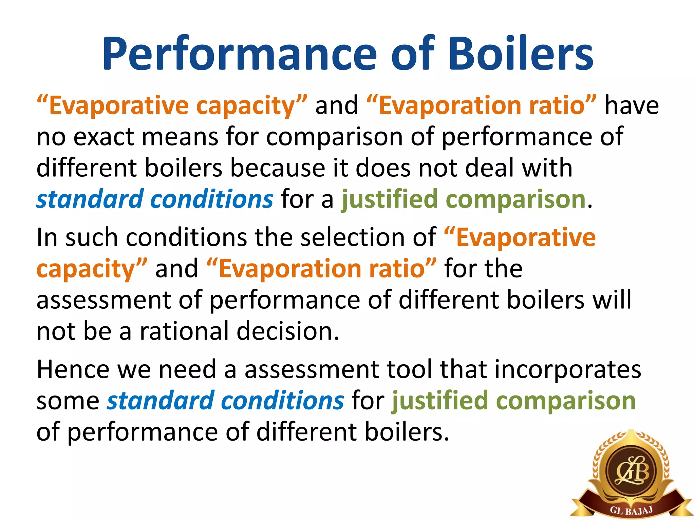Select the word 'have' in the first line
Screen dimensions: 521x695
tap(632, 105)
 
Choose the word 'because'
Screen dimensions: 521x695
tap(277, 168)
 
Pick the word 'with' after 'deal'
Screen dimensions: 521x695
tap(547, 168)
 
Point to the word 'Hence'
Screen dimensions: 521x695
tap(73, 369)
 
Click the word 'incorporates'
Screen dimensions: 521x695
tap(568, 369)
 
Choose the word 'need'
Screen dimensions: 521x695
tap(187, 369)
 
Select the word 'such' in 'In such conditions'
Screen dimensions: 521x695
tap(91, 237)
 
